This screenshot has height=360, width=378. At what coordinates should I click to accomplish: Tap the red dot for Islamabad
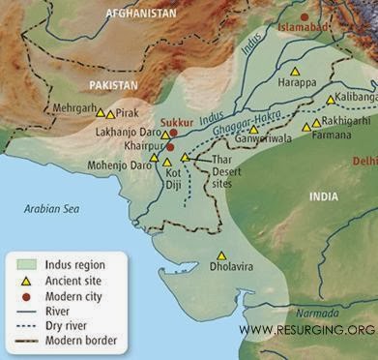[306, 16]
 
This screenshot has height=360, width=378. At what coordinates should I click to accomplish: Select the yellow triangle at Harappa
[297, 72]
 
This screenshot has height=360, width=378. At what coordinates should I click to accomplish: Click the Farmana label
[333, 136]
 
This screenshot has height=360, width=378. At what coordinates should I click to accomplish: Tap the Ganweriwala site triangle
[254, 129]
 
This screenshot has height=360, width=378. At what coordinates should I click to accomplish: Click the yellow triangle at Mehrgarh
[100, 113]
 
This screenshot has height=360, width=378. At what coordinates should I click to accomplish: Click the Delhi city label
[364, 159]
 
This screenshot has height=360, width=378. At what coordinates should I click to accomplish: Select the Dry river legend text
[71, 326]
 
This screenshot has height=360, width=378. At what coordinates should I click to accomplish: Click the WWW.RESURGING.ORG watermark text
[306, 330]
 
